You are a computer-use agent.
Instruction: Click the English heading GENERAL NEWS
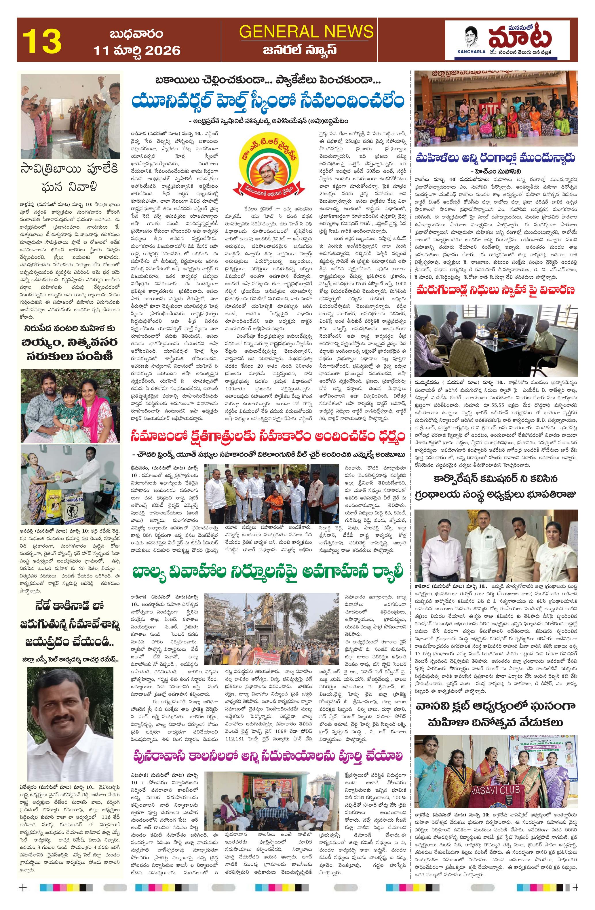(x=306, y=31)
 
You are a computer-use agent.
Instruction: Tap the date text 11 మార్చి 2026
(x=137, y=50)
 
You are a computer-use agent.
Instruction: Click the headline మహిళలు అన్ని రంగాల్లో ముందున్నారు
(x=496, y=158)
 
